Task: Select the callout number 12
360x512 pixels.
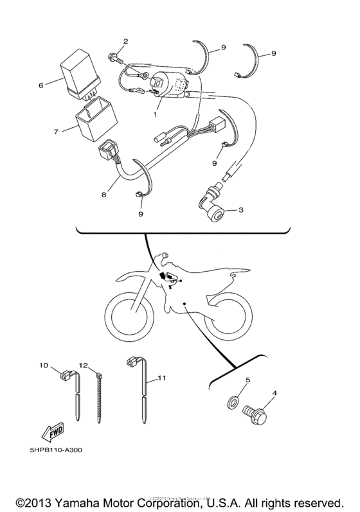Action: [83, 365]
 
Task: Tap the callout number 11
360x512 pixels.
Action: [161, 379]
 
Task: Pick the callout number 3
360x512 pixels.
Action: [240, 209]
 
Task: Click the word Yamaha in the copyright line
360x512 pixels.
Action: [82, 501]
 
